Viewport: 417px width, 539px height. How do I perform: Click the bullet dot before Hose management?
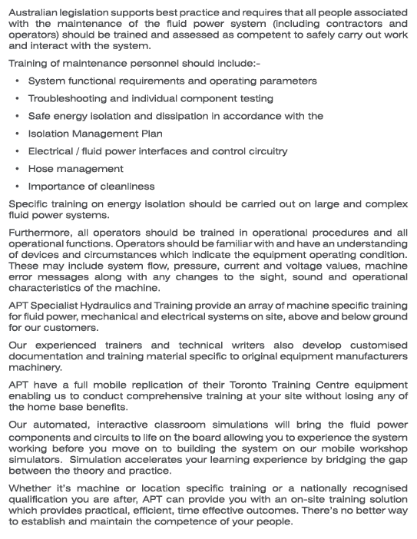(18, 169)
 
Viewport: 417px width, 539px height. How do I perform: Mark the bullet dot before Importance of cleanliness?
(18, 187)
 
